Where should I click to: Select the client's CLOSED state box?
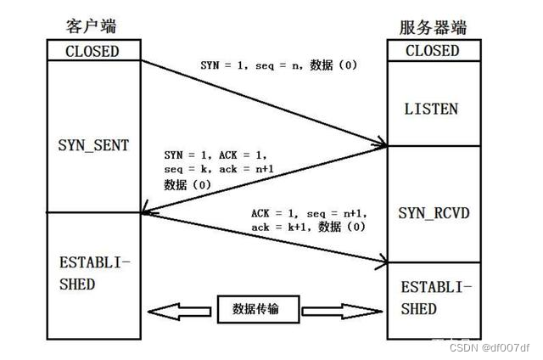[92, 51]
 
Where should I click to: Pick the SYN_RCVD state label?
[433, 212]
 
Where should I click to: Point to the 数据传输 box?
[260, 311]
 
